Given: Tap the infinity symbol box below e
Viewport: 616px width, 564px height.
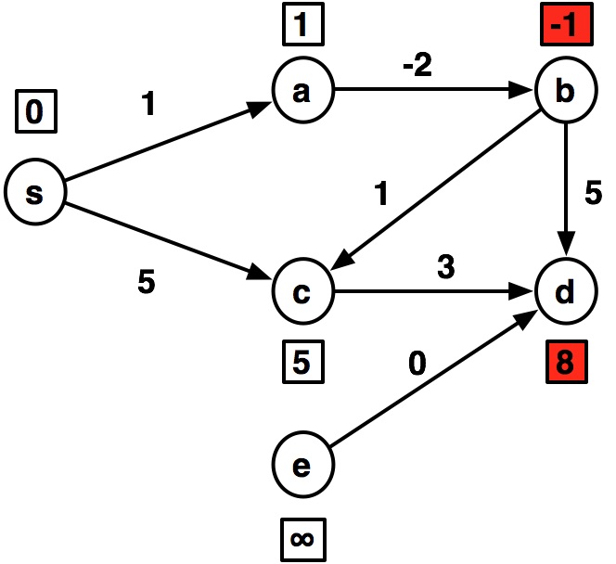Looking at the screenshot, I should tap(302, 537).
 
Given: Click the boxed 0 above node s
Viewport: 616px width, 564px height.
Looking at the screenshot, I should tap(35, 113).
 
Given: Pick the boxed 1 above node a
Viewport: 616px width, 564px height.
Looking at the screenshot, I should tap(302, 25).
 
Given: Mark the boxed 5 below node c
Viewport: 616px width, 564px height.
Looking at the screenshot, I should tap(302, 361).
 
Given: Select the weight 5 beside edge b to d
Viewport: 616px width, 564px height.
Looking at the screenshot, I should tap(594, 192).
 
